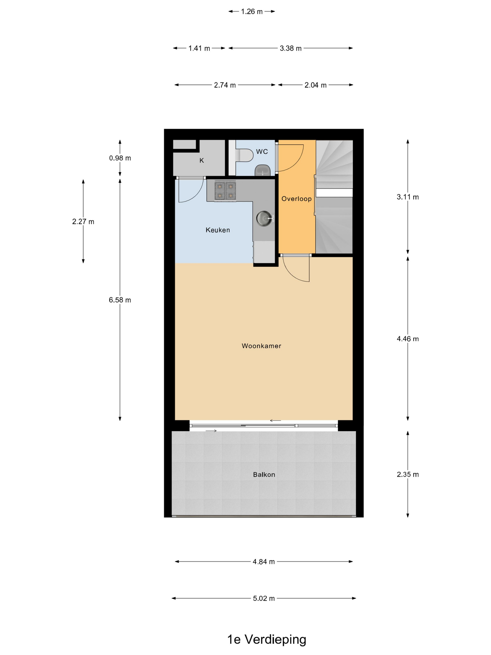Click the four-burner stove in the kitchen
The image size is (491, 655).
point(225,191)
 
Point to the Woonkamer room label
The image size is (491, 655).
point(261,346)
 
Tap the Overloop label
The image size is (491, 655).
point(296,198)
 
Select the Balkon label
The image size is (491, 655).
point(264,474)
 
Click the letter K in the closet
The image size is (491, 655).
point(202,160)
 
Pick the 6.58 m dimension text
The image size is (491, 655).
point(120,300)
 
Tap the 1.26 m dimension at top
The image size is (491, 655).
point(252,11)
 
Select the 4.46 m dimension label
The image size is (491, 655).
point(408,339)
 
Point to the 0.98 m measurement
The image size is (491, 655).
point(120,158)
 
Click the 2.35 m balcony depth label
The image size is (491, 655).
point(408,474)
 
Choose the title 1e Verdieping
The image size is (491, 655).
point(266,639)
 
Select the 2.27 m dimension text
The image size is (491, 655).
point(83,222)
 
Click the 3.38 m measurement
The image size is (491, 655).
point(291,48)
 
